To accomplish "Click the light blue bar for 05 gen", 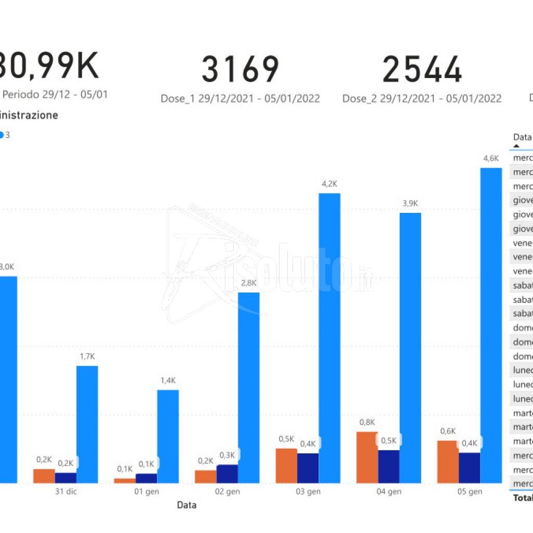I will (x=491, y=325).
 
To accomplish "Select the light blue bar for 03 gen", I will (x=329, y=338).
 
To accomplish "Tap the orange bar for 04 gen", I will (x=367, y=457).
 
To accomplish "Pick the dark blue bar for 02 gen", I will (x=227, y=474).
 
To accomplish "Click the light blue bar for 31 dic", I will (x=87, y=424).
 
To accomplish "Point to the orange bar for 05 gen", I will (x=448, y=462).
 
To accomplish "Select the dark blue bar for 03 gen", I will (x=308, y=468).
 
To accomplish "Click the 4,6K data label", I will (x=491, y=158).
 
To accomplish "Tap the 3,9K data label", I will (x=410, y=204).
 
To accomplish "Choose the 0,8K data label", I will (x=367, y=422).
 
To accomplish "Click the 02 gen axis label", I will (x=227, y=492).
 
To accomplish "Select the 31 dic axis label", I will (x=66, y=492).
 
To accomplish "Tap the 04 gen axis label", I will (x=388, y=492).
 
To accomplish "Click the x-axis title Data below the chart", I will (x=187, y=505).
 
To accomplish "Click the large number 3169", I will (x=240, y=69).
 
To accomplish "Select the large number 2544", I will (x=422, y=69).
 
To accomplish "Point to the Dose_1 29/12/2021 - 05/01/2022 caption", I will (x=240, y=98).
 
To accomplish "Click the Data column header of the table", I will (x=522, y=137).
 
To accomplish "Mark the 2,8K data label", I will (x=249, y=283).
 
